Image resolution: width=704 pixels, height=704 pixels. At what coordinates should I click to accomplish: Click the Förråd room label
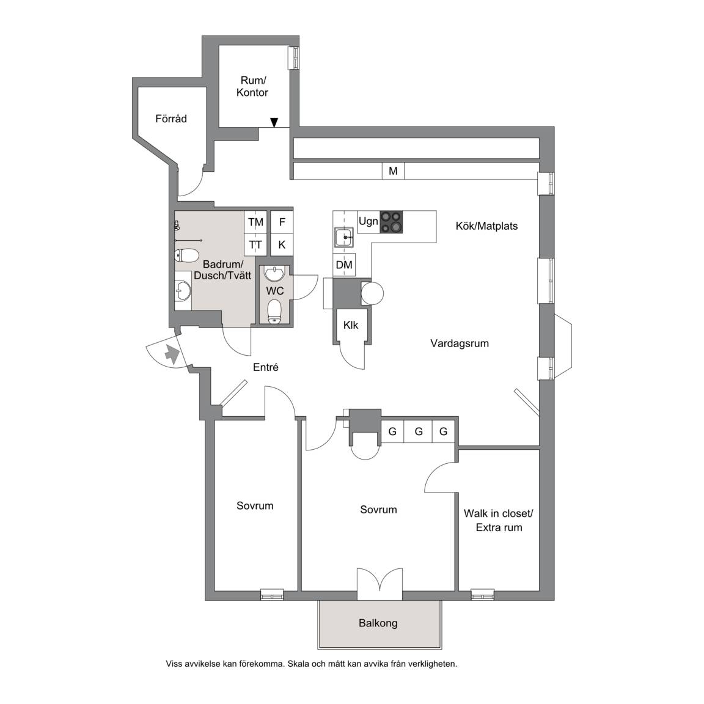click(171, 119)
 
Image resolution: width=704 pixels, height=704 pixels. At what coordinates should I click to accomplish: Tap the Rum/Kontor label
click(252, 87)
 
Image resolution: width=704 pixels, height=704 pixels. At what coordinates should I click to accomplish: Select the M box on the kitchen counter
click(394, 170)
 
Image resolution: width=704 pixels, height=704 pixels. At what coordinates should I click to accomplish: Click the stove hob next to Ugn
click(391, 222)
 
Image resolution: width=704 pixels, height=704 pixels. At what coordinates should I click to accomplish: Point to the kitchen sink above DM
click(344, 237)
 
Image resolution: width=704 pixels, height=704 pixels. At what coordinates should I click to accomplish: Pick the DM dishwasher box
click(344, 265)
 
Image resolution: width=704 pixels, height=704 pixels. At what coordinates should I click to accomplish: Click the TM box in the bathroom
click(256, 222)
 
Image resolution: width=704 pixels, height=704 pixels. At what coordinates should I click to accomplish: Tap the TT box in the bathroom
click(256, 244)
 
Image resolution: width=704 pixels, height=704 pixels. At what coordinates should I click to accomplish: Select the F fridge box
click(282, 222)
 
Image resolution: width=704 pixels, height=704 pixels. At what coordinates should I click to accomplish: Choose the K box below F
click(282, 244)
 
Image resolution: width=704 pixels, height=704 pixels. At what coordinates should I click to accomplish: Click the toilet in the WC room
click(274, 312)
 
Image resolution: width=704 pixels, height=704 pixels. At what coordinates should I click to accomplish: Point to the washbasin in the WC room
click(274, 273)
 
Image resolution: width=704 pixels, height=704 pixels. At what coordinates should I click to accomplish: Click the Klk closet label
click(351, 325)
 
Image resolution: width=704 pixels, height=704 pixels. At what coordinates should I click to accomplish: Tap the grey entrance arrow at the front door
click(172, 354)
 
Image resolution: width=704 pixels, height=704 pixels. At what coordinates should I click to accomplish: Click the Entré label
click(266, 367)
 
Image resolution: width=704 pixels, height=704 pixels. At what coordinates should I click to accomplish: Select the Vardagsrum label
click(460, 343)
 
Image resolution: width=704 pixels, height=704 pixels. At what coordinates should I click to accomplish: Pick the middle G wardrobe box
click(419, 431)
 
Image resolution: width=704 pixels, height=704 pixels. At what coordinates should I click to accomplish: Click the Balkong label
click(378, 623)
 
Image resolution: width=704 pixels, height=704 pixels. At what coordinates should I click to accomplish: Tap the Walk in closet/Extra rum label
click(499, 521)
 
